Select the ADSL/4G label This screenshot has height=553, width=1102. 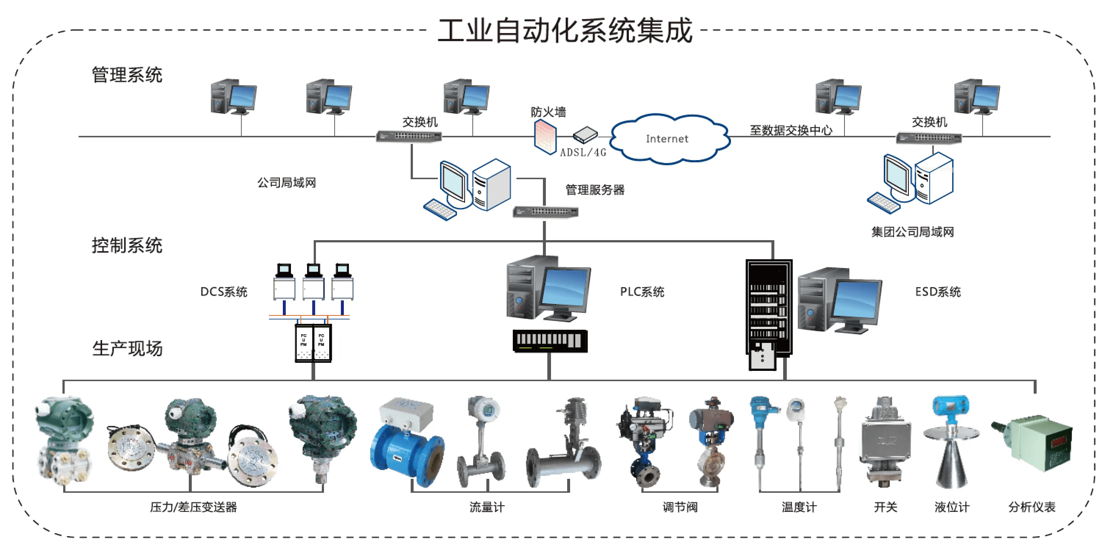pos(583,152)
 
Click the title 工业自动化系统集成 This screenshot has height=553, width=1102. pos(565,31)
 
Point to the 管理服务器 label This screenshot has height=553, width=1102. pos(595,190)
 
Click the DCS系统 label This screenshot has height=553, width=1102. pos(224,292)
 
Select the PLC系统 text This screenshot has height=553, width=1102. pos(642,292)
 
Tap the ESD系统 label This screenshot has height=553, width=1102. pos(938,292)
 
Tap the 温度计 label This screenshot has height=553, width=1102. pos(799,507)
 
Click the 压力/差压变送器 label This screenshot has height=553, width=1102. pos(193,507)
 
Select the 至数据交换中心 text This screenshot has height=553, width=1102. pos(791,130)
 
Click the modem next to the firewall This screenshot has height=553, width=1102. pos(585,135)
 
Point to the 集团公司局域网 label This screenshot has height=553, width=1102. pos(912,232)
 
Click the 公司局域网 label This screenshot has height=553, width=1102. pos(286,182)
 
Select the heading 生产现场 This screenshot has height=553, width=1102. pos(127,348)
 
